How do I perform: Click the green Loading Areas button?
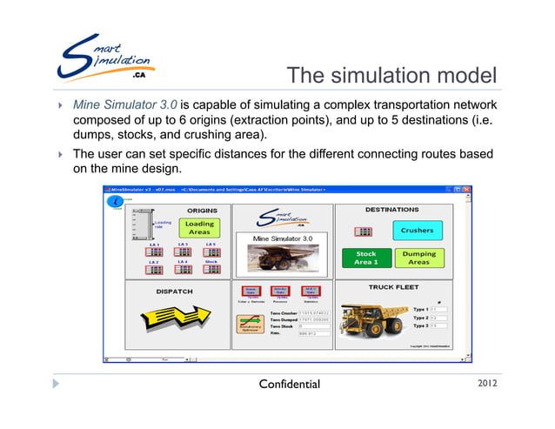pyautogui.click(x=199, y=228)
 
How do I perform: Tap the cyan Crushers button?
pyautogui.click(x=417, y=231)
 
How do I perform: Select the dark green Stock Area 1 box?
pyautogui.click(x=366, y=258)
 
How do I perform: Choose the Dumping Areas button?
pyautogui.click(x=418, y=258)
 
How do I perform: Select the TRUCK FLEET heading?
pyautogui.click(x=393, y=285)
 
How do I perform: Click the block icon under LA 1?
pyautogui.click(x=155, y=252)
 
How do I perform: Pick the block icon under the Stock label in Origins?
pyautogui.click(x=211, y=270)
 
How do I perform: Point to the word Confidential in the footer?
pyautogui.click(x=284, y=384)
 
